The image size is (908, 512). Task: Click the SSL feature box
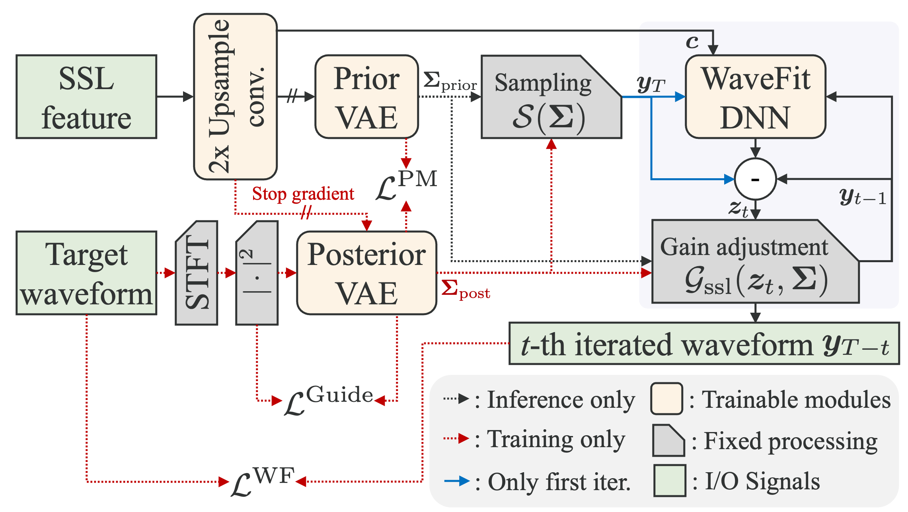[86, 97]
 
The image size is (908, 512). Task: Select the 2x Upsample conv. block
[235, 97]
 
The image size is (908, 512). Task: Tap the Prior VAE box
[366, 97]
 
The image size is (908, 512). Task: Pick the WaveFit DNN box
[755, 97]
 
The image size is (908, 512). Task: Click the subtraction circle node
[755, 179]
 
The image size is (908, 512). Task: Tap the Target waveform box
[86, 273]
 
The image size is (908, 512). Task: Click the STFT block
[197, 273]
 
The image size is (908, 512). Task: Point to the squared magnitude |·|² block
[257, 273]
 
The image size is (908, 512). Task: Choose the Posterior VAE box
[366, 273]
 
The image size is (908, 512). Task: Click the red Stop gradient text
[303, 194]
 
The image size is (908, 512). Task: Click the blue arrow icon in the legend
[457, 481]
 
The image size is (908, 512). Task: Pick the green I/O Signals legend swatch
[670, 481]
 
